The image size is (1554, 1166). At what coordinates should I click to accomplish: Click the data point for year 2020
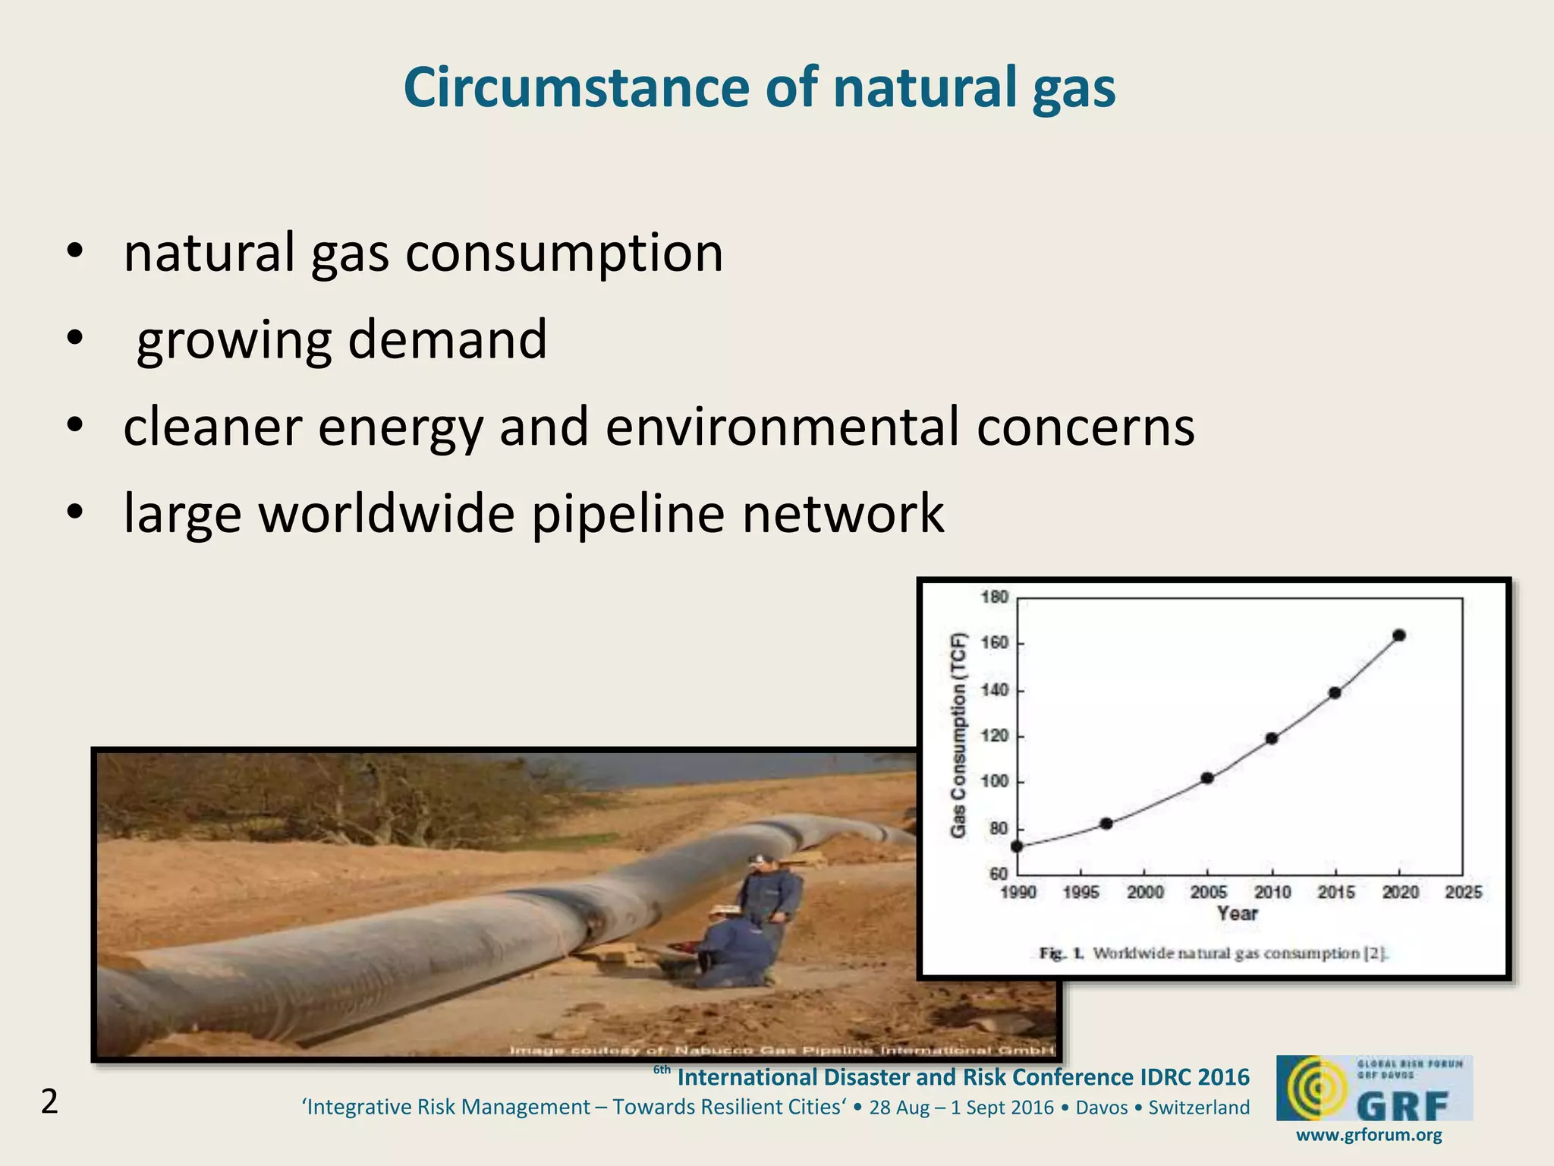tap(1399, 635)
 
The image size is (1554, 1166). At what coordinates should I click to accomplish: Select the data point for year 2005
tap(1207, 778)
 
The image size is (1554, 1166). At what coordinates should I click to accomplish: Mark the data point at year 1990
tap(1017, 846)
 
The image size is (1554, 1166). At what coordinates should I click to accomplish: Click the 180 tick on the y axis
tap(995, 597)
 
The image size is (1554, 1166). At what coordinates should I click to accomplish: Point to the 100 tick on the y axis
tap(995, 782)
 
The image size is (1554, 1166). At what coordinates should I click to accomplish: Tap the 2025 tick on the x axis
tap(1463, 893)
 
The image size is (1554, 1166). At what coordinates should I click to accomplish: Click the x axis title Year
tap(1238, 914)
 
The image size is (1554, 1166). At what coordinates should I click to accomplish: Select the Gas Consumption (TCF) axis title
tap(959, 735)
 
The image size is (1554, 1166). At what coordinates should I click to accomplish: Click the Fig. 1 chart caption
tap(1213, 953)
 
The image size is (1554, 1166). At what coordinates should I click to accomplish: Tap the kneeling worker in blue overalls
tap(728, 953)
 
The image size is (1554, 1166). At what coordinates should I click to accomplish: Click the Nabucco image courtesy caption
tap(781, 1051)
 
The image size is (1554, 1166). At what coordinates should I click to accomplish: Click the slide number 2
tap(49, 1102)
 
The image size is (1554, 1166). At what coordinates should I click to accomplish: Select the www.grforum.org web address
tap(1369, 1136)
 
